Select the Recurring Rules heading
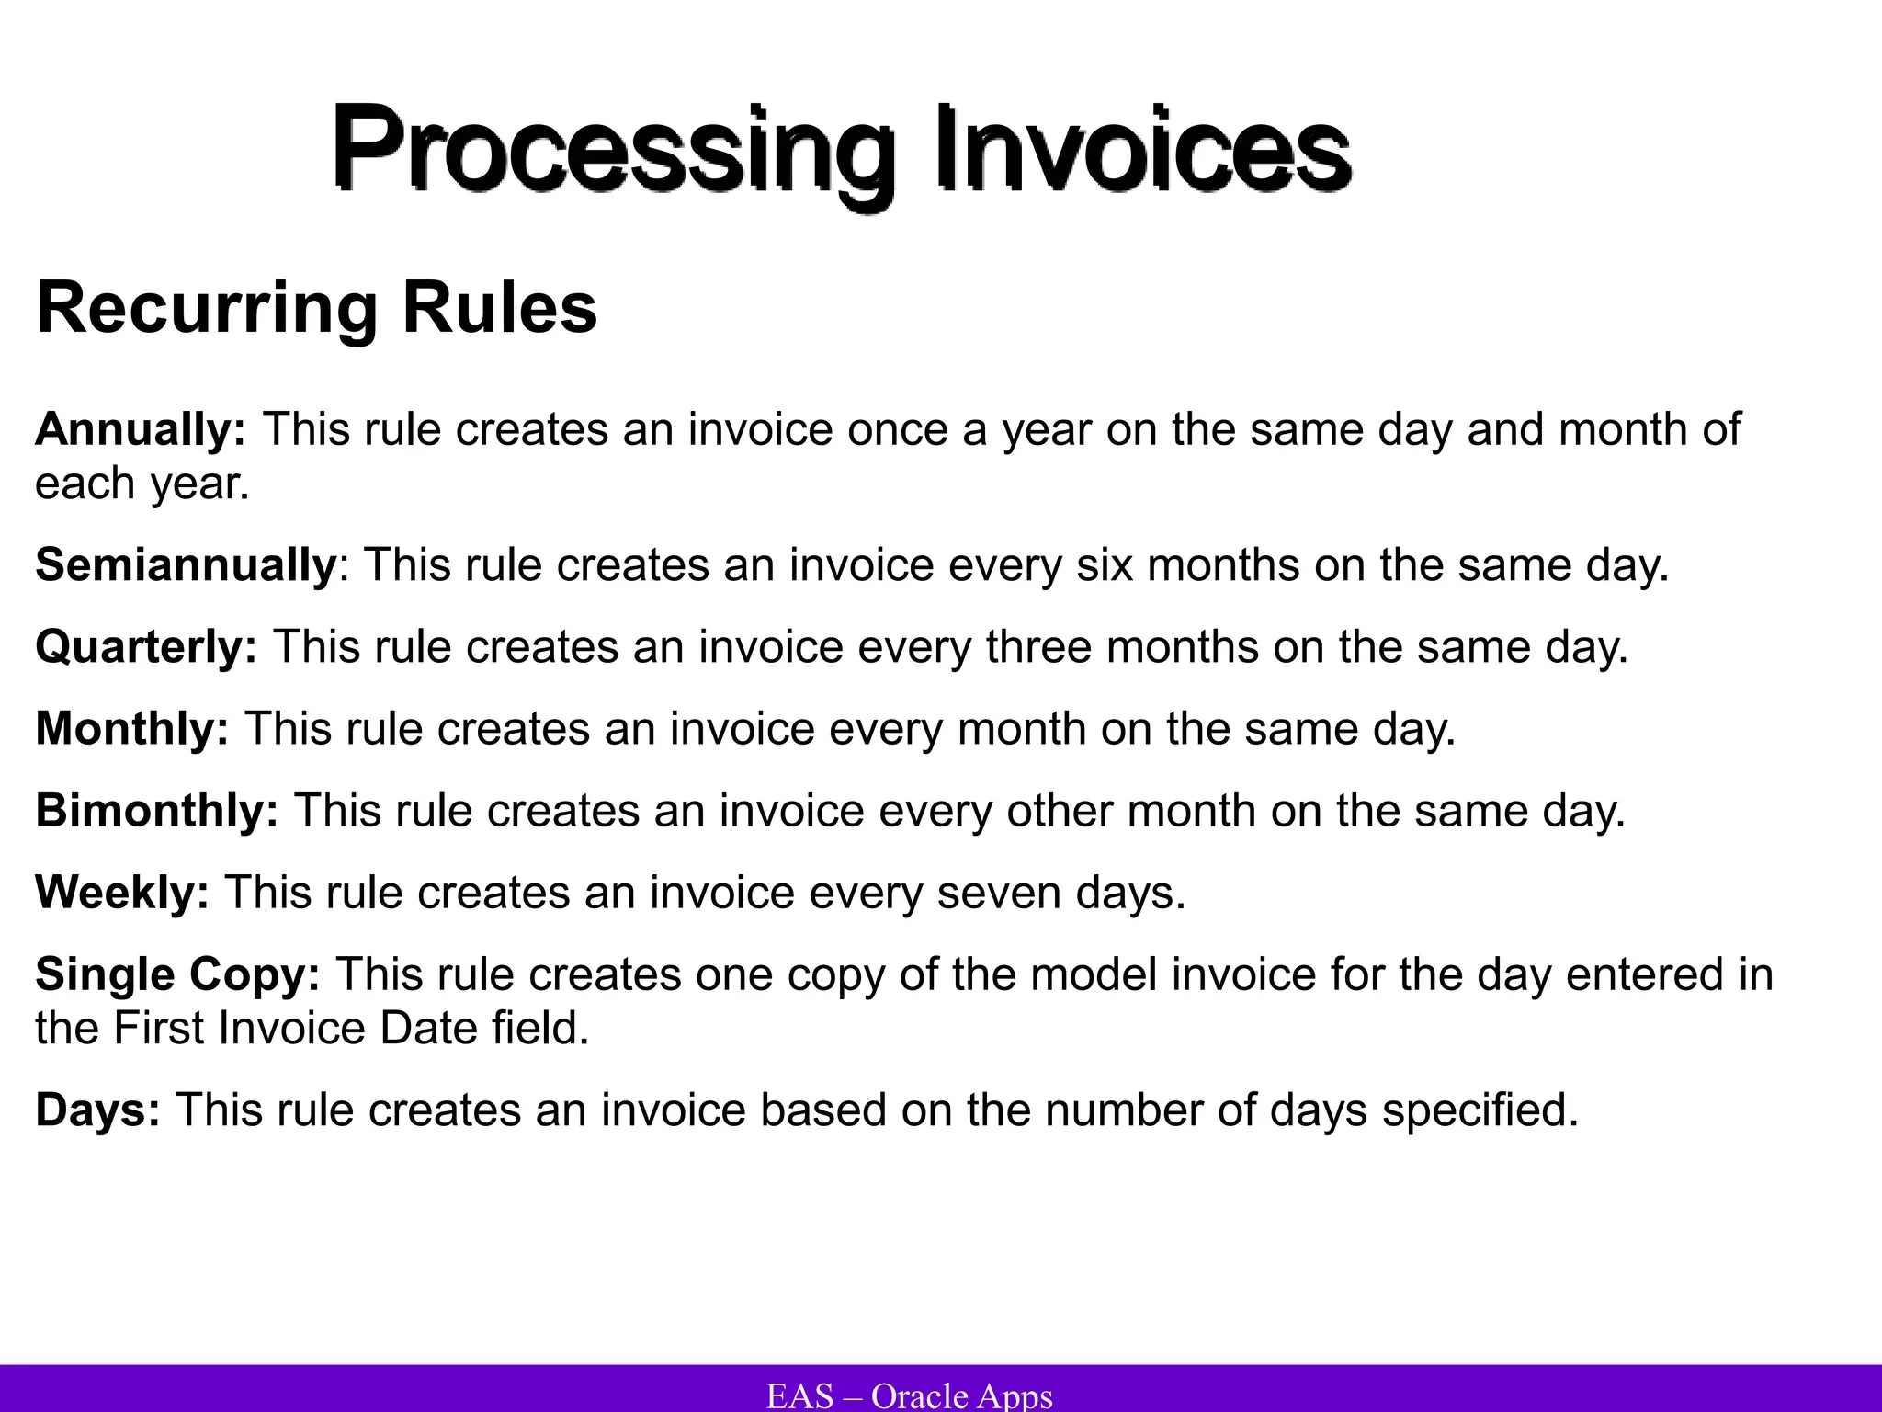pyautogui.click(x=316, y=308)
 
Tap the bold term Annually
pyautogui.click(x=141, y=429)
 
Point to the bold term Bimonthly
pyautogui.click(x=157, y=811)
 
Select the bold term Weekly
pyautogui.click(x=122, y=893)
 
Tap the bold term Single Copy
pyautogui.click(x=177, y=974)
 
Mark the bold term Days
pyautogui.click(x=97, y=1110)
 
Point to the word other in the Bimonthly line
pyautogui.click(x=1058, y=811)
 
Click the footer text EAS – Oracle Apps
pyautogui.click(x=909, y=1395)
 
